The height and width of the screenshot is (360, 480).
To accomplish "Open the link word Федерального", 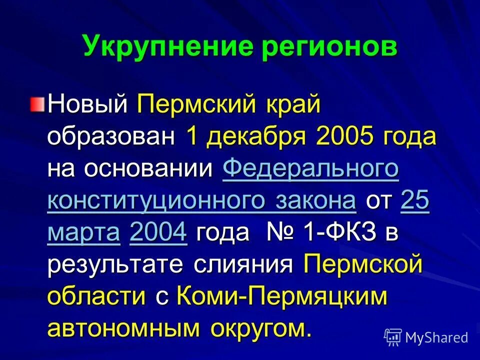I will point(310,169).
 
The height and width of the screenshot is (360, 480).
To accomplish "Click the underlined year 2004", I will point(158,233).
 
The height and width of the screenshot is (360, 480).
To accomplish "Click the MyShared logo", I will point(426,337).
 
